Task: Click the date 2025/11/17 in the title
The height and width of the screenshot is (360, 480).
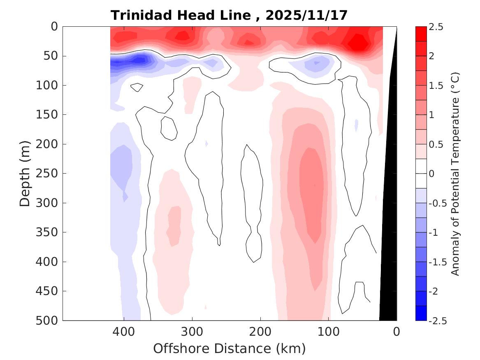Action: pos(306,16)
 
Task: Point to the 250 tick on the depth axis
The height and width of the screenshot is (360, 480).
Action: pos(49,174)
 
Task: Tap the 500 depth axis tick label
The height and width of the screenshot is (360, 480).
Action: pos(49,320)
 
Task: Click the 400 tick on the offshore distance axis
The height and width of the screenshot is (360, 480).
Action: pos(124,331)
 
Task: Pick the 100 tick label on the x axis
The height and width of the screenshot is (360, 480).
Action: pos(329,331)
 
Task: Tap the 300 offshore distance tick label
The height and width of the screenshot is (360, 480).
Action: pos(192,331)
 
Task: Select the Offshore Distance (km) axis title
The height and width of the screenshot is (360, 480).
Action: pos(230,349)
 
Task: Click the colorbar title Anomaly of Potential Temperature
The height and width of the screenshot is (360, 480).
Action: pos(455,174)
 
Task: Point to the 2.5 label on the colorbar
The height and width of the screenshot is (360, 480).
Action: pos(436,27)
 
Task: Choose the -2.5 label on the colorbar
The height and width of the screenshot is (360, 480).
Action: pos(437,320)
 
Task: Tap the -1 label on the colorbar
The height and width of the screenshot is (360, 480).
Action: pos(434,232)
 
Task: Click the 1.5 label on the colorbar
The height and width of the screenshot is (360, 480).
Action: pos(436,86)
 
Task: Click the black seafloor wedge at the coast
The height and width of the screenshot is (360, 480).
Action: pos(388,247)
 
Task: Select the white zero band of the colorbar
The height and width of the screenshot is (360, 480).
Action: pos(421,174)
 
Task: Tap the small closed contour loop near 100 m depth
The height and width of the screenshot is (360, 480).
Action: pos(137,87)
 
